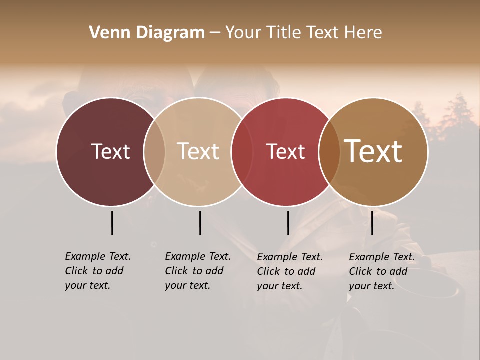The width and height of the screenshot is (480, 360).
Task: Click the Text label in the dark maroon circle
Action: (110, 151)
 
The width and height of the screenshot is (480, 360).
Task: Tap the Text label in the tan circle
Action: (198, 151)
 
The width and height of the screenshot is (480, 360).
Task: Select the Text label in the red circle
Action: (285, 151)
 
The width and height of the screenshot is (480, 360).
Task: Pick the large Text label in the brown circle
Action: (373, 151)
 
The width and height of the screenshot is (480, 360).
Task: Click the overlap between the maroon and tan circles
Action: (154, 152)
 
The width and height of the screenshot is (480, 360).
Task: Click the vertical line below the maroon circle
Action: (112, 223)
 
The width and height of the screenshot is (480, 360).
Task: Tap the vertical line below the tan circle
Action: (200, 223)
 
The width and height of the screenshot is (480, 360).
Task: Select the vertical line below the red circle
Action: (288, 223)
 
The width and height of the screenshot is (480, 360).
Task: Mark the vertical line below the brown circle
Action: (372, 223)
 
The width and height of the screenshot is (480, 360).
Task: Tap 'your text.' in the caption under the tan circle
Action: (187, 285)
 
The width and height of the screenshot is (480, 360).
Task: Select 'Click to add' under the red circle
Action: (286, 271)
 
